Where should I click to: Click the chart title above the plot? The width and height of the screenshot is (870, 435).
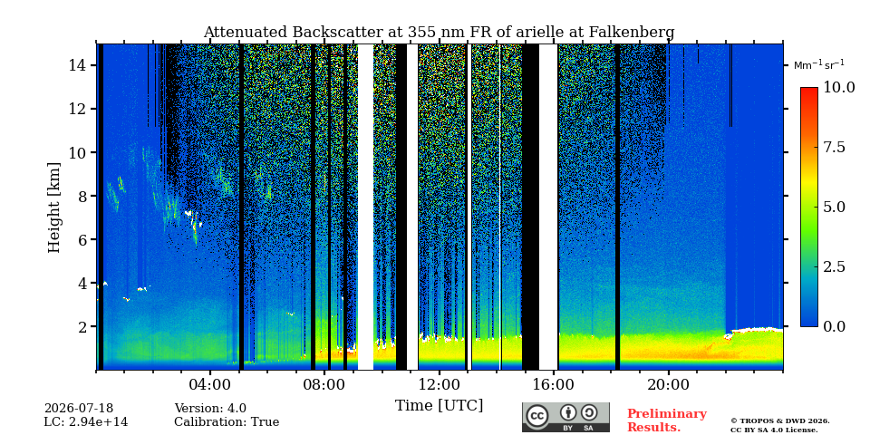pyautogui.click(x=439, y=33)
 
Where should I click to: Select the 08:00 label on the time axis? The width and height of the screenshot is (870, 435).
pyautogui.click(x=324, y=384)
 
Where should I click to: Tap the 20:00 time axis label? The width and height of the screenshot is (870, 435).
pyautogui.click(x=668, y=384)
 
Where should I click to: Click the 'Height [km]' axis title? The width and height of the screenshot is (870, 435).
pyautogui.click(x=53, y=208)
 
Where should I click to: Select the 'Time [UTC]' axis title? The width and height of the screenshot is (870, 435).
pyautogui.click(x=439, y=406)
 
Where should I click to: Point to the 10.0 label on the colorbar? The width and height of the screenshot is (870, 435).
pyautogui.click(x=838, y=88)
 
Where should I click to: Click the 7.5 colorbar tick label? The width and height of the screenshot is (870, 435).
pyautogui.click(x=834, y=147)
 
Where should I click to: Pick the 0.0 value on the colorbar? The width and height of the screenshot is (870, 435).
pyautogui.click(x=834, y=326)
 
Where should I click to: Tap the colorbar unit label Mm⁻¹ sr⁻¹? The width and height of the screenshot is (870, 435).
pyautogui.click(x=819, y=65)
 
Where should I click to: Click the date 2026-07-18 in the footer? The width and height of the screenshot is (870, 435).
pyautogui.click(x=79, y=409)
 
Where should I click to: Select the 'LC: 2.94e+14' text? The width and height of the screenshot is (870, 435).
pyautogui.click(x=86, y=422)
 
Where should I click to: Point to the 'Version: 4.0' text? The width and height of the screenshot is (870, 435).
pyautogui.click(x=210, y=409)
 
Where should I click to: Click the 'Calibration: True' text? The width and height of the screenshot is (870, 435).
pyautogui.click(x=227, y=422)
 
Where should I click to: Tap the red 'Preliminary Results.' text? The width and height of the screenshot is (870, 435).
pyautogui.click(x=667, y=420)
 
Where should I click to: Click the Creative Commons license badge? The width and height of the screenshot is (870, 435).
pyautogui.click(x=565, y=417)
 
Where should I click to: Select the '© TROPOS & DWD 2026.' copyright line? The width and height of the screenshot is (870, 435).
pyautogui.click(x=780, y=421)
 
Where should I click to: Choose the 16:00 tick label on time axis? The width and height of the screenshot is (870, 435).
pyautogui.click(x=554, y=384)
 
